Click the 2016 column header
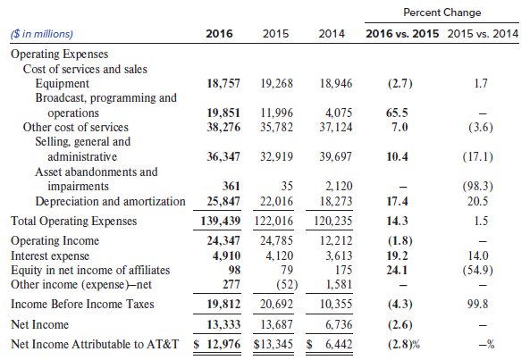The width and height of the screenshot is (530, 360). point(219,34)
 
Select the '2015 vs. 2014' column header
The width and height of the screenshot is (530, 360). point(483,34)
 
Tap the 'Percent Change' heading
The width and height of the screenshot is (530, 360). point(442,13)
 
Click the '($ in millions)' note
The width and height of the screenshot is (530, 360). point(42,34)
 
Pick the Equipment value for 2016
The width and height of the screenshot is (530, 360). point(223,83)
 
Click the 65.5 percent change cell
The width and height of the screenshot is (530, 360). point(397,113)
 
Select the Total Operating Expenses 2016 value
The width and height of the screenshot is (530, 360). point(221,221)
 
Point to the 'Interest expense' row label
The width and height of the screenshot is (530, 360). point(50,255)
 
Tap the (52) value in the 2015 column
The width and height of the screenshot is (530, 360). point(287,285)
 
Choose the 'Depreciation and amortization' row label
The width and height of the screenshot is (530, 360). point(110,201)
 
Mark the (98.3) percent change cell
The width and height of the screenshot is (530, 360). point(477,187)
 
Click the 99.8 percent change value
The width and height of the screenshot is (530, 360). point(477,304)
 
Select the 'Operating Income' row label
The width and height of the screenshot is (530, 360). point(55,241)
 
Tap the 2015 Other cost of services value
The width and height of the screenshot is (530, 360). point(276,128)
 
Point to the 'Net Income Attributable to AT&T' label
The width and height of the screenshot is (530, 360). point(95,344)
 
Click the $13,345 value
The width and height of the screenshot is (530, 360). point(273,344)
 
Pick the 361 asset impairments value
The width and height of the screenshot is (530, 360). point(231,186)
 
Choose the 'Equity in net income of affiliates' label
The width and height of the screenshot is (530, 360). point(90,270)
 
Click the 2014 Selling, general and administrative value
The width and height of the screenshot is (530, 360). point(336,156)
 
